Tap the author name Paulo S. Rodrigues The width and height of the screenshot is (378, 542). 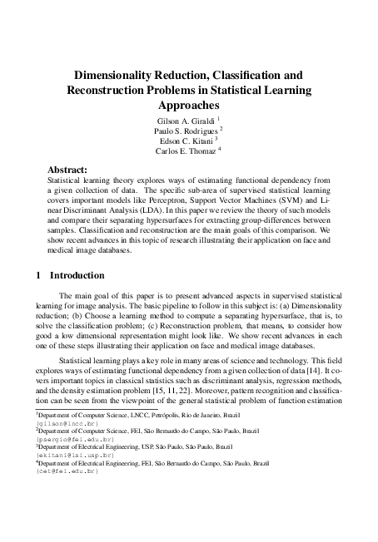click(184, 131)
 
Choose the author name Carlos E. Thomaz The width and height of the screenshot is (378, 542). click(184, 150)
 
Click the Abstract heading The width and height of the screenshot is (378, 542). click(67, 169)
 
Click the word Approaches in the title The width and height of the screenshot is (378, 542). click(189, 106)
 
